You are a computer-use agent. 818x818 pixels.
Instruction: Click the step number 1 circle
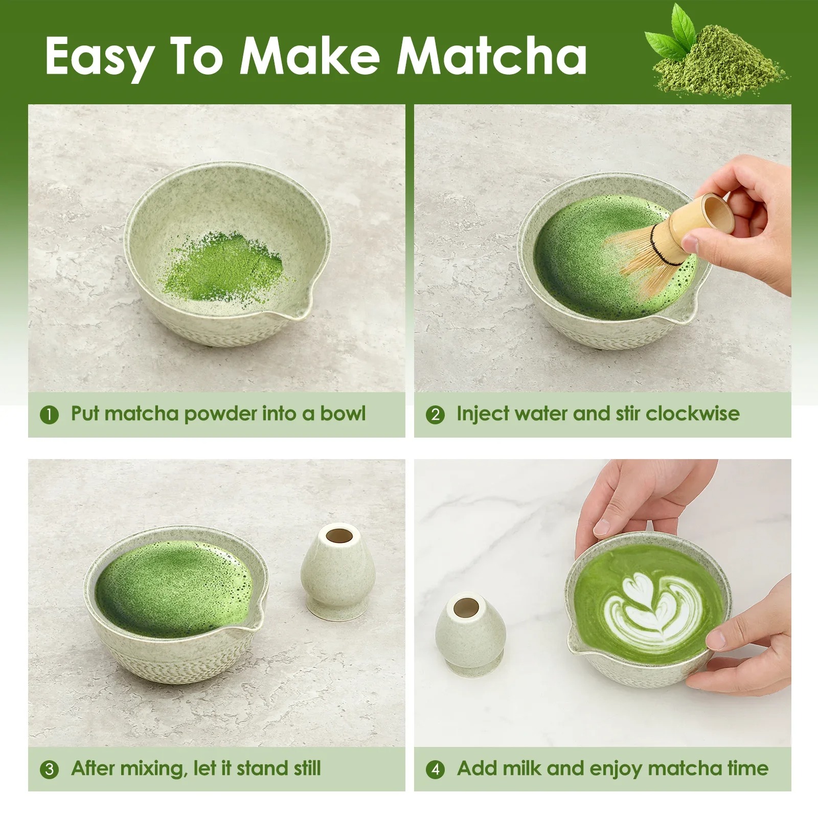(49, 415)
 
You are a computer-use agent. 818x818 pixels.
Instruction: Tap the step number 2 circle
(435, 415)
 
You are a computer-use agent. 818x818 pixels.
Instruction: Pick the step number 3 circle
(49, 769)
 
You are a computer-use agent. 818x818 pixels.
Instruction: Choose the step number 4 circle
(435, 769)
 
